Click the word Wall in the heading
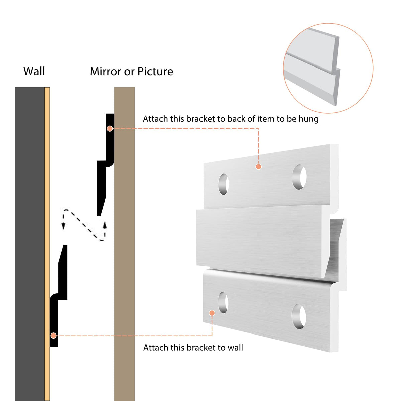pyautogui.click(x=34, y=71)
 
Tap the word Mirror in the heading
pyautogui.click(x=105, y=72)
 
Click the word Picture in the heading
pyautogui.click(x=155, y=72)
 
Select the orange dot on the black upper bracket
pyautogui.click(x=110, y=129)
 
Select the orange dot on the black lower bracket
pyautogui.click(x=54, y=336)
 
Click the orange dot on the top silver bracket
pyautogui.click(x=258, y=167)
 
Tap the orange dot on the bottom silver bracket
pyautogui.click(x=212, y=313)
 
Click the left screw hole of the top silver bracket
pyautogui.click(x=224, y=184)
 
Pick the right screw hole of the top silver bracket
pyautogui.click(x=299, y=177)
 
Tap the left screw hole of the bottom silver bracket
pyautogui.click(x=223, y=303)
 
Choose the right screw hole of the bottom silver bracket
pyautogui.click(x=299, y=316)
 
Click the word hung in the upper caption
pyautogui.click(x=309, y=119)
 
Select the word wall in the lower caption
pyautogui.click(x=235, y=348)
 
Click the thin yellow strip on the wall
pyautogui.click(x=47, y=244)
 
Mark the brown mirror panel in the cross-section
pyautogui.click(x=124, y=244)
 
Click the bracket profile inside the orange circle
pyautogui.click(x=312, y=66)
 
